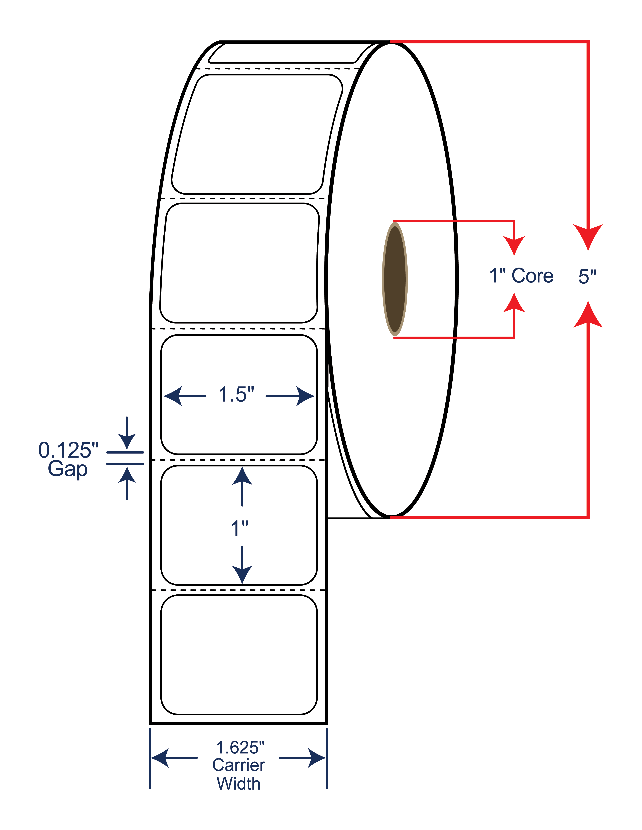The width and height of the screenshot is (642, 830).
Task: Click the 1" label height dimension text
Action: click(x=240, y=528)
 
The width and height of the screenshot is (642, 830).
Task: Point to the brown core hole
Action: click(x=395, y=279)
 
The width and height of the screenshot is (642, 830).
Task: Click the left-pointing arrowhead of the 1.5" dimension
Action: click(x=173, y=396)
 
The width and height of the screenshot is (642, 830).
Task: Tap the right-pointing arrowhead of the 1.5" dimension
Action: click(x=305, y=396)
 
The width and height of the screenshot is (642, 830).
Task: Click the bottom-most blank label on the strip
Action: click(x=239, y=655)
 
